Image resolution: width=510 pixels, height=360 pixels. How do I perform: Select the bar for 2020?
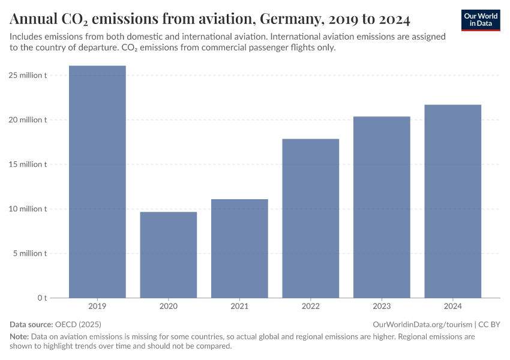click(x=168, y=254)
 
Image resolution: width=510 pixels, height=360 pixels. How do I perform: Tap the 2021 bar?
click(x=239, y=248)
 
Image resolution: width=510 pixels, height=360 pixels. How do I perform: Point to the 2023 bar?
click(x=382, y=207)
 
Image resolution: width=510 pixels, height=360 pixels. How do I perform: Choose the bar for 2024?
click(x=452, y=201)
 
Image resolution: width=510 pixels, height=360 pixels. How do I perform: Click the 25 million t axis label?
click(x=28, y=76)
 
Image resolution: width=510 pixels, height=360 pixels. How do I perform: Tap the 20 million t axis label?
click(x=28, y=120)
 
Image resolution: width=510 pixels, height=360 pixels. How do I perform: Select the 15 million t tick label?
click(x=28, y=164)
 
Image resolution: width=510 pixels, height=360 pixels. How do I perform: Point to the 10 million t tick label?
click(x=28, y=209)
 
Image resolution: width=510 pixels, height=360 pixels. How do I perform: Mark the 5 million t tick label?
click(x=29, y=253)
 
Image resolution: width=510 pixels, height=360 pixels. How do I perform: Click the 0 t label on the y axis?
click(x=42, y=298)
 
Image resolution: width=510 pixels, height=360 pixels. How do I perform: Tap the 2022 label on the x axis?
click(x=310, y=307)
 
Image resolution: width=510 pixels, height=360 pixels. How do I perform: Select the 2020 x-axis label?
click(x=168, y=307)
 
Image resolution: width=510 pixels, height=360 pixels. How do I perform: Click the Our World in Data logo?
click(x=481, y=20)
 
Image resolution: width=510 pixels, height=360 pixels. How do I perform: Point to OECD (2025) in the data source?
click(x=78, y=324)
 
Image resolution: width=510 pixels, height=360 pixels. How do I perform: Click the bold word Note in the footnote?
click(x=19, y=337)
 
